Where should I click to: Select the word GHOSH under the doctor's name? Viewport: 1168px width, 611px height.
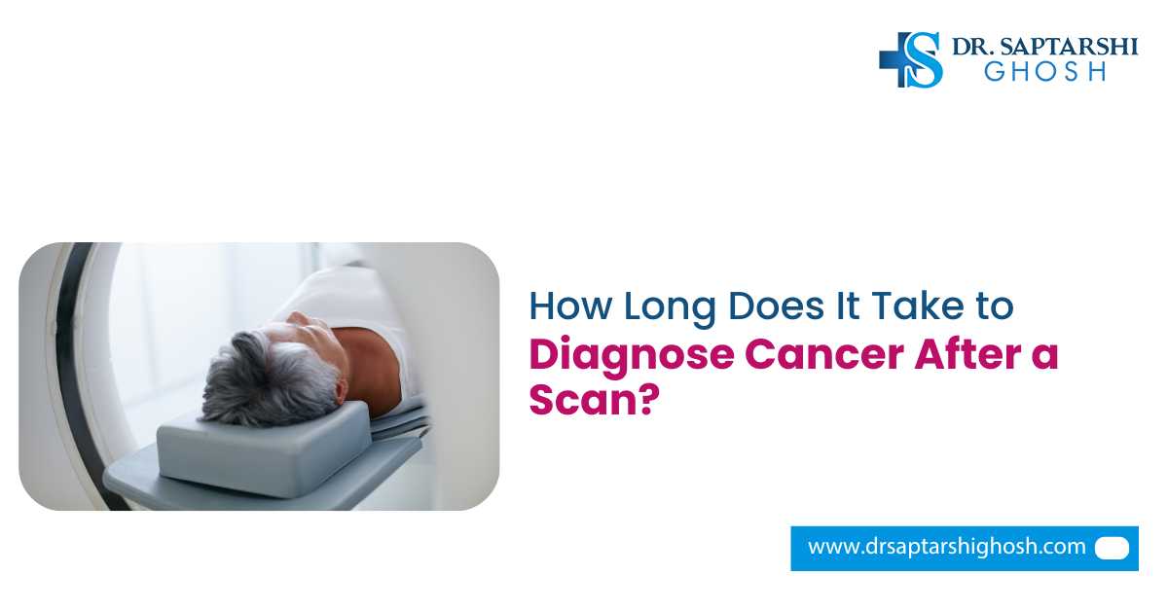[x=1044, y=72]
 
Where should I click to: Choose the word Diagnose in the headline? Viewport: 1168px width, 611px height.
[x=631, y=353]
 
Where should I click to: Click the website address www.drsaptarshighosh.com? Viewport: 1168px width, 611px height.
[x=946, y=547]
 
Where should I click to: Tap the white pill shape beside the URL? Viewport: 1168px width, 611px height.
[x=1112, y=548]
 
